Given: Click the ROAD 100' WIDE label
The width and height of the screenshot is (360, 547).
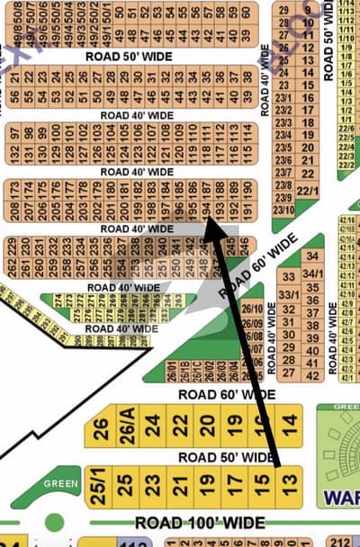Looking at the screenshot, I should coord(200,523).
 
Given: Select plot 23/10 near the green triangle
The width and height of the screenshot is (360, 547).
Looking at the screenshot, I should coord(284,210).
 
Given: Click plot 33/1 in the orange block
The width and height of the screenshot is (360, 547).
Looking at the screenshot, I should coord(289,295).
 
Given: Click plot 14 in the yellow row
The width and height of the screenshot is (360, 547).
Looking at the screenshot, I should coord(288,422).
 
